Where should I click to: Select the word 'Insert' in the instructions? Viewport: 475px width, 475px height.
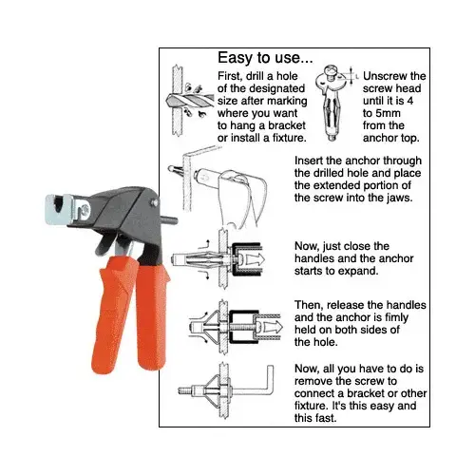[x=314, y=161]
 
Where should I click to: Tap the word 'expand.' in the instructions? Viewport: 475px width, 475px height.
[x=365, y=270]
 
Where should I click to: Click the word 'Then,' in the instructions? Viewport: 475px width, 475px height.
[x=313, y=304]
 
